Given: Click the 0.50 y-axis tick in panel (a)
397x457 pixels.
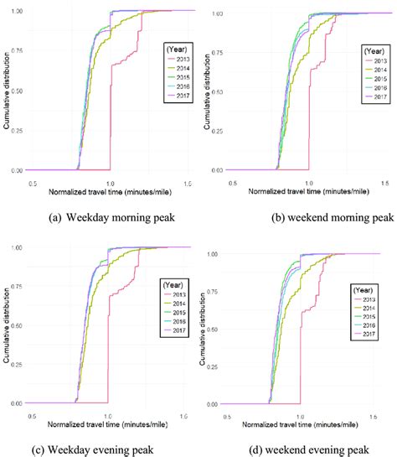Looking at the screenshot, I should point(20,91).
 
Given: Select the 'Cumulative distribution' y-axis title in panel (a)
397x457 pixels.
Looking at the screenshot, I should point(7,91).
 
